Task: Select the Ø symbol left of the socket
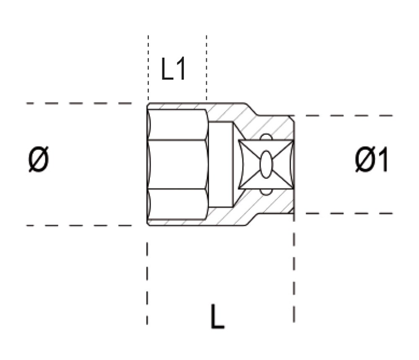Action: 39,160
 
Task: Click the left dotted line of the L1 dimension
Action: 148,67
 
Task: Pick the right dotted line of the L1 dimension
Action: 207,67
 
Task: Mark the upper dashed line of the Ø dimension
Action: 80,103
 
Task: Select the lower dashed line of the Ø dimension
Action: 80,225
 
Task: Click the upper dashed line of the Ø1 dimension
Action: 344,115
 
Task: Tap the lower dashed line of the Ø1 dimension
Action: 344,213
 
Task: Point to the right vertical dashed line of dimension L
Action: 294,272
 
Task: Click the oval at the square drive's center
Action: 266,164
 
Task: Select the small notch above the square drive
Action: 266,137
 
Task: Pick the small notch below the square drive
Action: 266,192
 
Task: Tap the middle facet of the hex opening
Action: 178,164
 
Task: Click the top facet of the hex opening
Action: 178,124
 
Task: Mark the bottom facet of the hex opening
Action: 178,204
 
